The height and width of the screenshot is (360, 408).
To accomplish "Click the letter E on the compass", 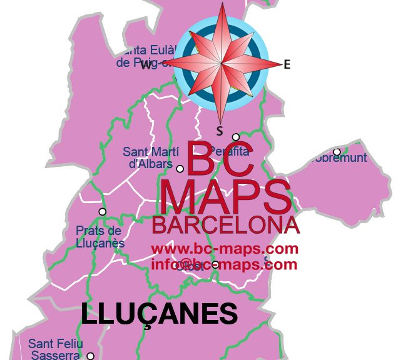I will tap(287, 64).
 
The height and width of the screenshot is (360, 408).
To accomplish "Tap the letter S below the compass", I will tap(220, 131).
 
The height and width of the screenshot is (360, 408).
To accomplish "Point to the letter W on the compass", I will tap(146, 64).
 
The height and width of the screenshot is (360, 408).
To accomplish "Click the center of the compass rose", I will tap(222, 64).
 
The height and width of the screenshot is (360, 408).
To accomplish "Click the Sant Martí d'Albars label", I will tap(151, 157).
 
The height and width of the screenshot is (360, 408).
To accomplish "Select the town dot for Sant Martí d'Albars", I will tap(180, 169).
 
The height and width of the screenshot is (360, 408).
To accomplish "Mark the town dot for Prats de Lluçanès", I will tap(103, 211).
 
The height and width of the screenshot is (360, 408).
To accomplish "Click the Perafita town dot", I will tap(236, 137).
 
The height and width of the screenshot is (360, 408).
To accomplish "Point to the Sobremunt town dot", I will tap(337, 152).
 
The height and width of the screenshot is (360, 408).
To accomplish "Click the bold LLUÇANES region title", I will tap(160, 314).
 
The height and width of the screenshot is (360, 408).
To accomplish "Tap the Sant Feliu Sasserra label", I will tap(54, 349).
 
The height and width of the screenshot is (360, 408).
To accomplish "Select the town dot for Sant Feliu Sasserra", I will tap(90, 356).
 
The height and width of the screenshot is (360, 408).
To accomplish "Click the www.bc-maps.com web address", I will tap(225, 249).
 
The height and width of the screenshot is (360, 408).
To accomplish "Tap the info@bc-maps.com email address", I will tap(223, 264).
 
